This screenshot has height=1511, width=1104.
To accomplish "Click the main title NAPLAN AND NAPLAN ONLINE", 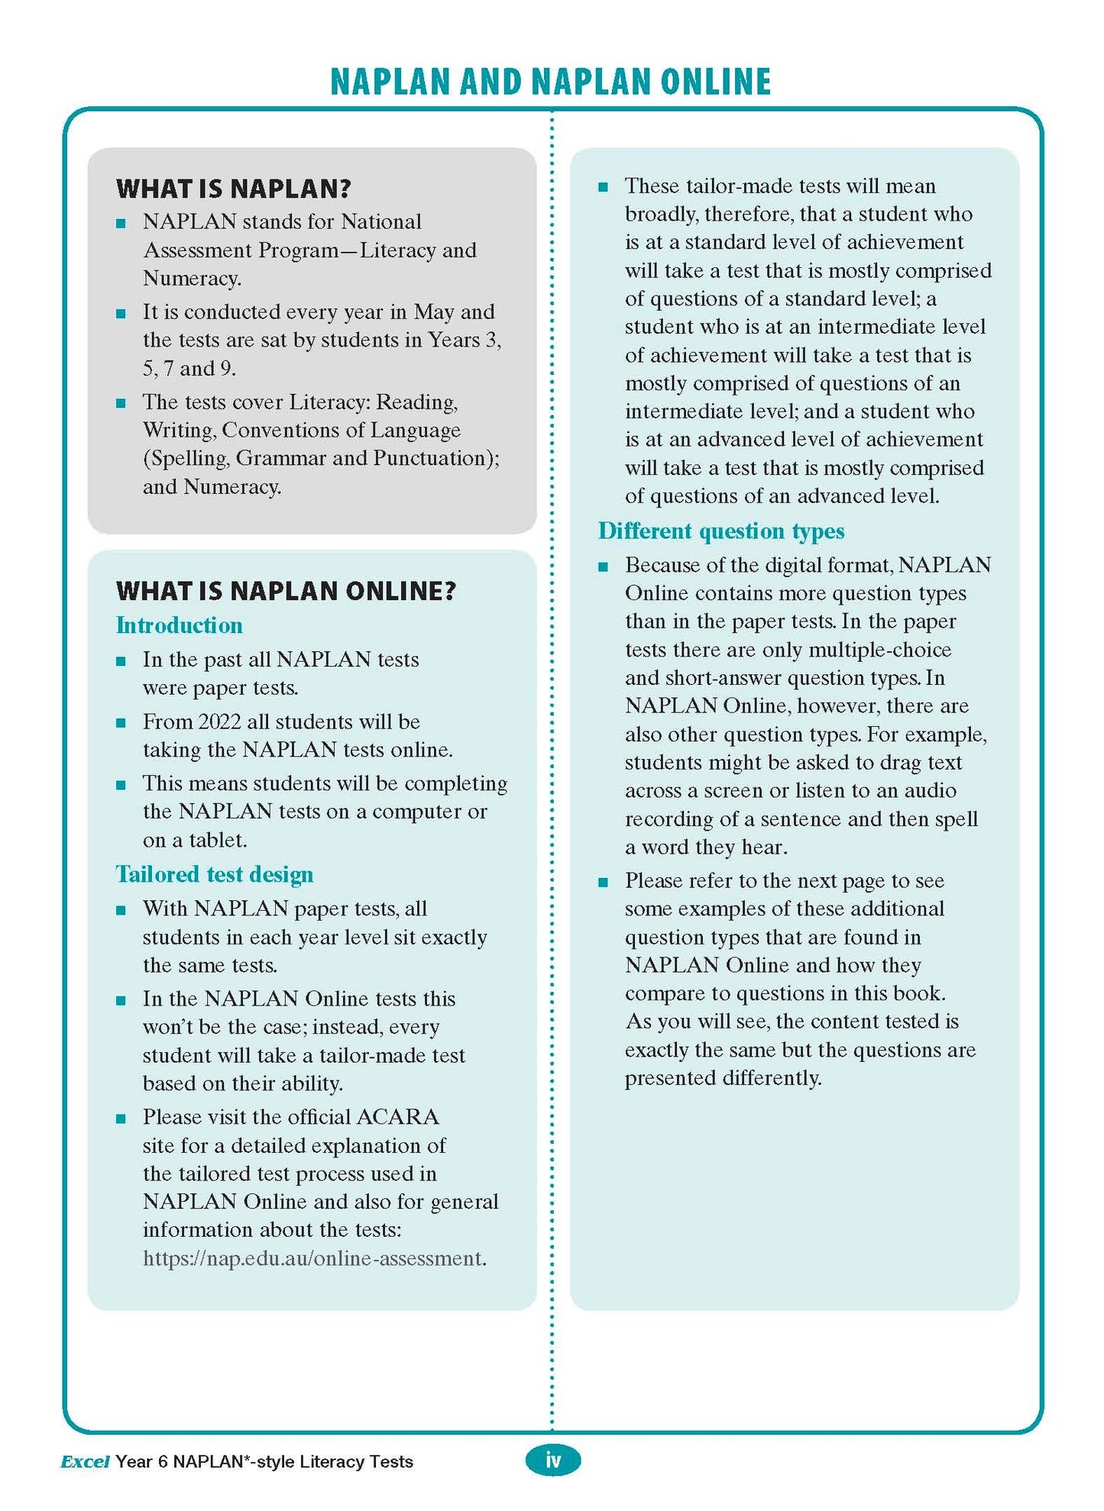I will click(550, 82).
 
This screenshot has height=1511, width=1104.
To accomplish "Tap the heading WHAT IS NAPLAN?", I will click(233, 189).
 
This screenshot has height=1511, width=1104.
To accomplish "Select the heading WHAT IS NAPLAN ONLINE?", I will click(286, 590).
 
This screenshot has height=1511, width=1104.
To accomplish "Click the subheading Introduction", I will click(179, 625).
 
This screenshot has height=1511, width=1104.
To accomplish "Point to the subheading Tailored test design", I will click(214, 874).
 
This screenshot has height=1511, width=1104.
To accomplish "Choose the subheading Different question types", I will click(720, 531).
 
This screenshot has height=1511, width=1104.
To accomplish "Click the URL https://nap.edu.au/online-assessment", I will click(313, 1258).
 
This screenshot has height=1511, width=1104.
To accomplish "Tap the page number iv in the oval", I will click(552, 1460).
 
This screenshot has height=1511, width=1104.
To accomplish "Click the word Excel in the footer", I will click(85, 1461).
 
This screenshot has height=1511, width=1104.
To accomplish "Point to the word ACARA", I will click(397, 1117).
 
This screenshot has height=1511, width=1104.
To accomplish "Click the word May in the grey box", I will click(433, 312).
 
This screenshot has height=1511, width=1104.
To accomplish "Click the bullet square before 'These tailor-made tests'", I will click(603, 187).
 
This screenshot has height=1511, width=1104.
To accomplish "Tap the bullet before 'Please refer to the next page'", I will click(603, 882).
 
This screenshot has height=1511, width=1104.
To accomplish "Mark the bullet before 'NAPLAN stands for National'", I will click(121, 223).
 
